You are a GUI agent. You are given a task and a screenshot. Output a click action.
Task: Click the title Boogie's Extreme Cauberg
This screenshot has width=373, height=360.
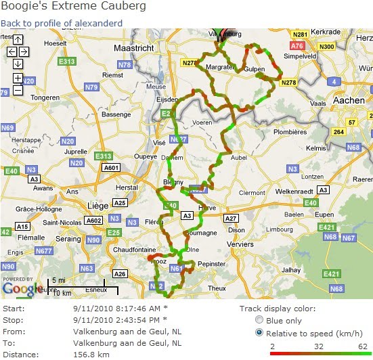point(73,7)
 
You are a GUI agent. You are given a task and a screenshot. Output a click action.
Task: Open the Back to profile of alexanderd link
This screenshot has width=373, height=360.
point(62,23)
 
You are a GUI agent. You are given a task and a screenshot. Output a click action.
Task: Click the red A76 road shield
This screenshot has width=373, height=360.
point(297,45)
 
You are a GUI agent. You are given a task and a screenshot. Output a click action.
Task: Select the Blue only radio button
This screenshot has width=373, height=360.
point(258,320)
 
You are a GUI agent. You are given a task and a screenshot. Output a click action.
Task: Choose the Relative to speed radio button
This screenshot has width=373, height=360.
point(258,333)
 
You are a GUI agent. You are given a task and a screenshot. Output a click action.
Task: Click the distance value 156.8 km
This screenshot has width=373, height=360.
point(92,354)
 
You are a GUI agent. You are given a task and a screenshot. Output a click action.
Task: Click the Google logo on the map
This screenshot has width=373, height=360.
point(18,289)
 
